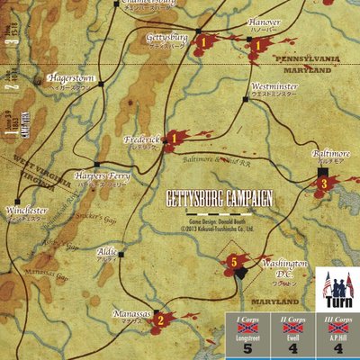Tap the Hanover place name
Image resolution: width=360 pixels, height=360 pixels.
[x=265, y=22]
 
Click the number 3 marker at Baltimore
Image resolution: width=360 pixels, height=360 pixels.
[x=323, y=185]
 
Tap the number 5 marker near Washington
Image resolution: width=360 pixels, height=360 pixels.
[x=233, y=262]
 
